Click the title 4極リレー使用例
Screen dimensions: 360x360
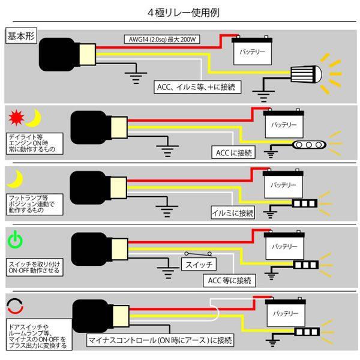(180, 11)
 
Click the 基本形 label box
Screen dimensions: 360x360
(21, 36)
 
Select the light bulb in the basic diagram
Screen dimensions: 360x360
(309, 75)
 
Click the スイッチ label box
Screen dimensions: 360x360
(198, 263)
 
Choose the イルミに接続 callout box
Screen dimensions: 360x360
(232, 212)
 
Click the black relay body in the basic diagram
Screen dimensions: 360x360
(61, 56)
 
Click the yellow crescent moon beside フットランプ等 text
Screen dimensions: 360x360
(17, 177)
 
